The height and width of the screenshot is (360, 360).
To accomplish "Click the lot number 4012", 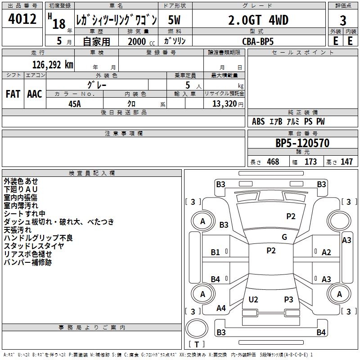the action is pyautogui.click(x=22, y=19).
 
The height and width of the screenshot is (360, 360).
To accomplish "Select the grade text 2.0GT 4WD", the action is pyautogui.click(x=258, y=20).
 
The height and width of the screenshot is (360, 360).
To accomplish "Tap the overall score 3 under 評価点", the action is pyautogui.click(x=343, y=21).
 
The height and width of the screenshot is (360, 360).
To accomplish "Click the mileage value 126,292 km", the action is pyautogui.click(x=53, y=65).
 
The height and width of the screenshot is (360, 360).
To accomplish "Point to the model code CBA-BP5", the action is pyautogui.click(x=258, y=41).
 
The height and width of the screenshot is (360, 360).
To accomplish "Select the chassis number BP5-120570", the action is pyautogui.click(x=302, y=143).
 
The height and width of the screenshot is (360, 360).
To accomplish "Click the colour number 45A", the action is pyautogui.click(x=75, y=104).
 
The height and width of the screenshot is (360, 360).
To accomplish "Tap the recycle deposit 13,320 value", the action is pyautogui.click(x=225, y=104).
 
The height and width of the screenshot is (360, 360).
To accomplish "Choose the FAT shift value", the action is pyautogui.click(x=13, y=94).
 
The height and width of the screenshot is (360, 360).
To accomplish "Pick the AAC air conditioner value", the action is pyautogui.click(x=35, y=94).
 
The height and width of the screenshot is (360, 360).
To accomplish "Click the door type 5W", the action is pyautogui.click(x=174, y=20).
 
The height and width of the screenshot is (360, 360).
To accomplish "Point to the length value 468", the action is pyautogui.click(x=273, y=162).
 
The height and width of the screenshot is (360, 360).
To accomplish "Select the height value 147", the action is pyautogui.click(x=346, y=162).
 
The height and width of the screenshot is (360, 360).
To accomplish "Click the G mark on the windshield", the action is pyautogui.click(x=284, y=237).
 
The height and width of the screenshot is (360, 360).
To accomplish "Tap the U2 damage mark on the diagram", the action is pyautogui.click(x=253, y=300).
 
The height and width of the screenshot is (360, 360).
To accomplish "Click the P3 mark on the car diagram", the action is pyautogui.click(x=288, y=300).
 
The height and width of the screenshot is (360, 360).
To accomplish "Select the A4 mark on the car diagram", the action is pyautogui.click(x=221, y=308).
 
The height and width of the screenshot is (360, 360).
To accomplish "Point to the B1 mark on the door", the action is pyautogui.click(x=215, y=252).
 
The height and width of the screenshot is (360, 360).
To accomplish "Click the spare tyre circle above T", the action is pyautogui.click(x=197, y=328).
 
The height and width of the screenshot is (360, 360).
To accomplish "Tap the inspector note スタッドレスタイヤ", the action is pyautogui.click(x=34, y=246).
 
